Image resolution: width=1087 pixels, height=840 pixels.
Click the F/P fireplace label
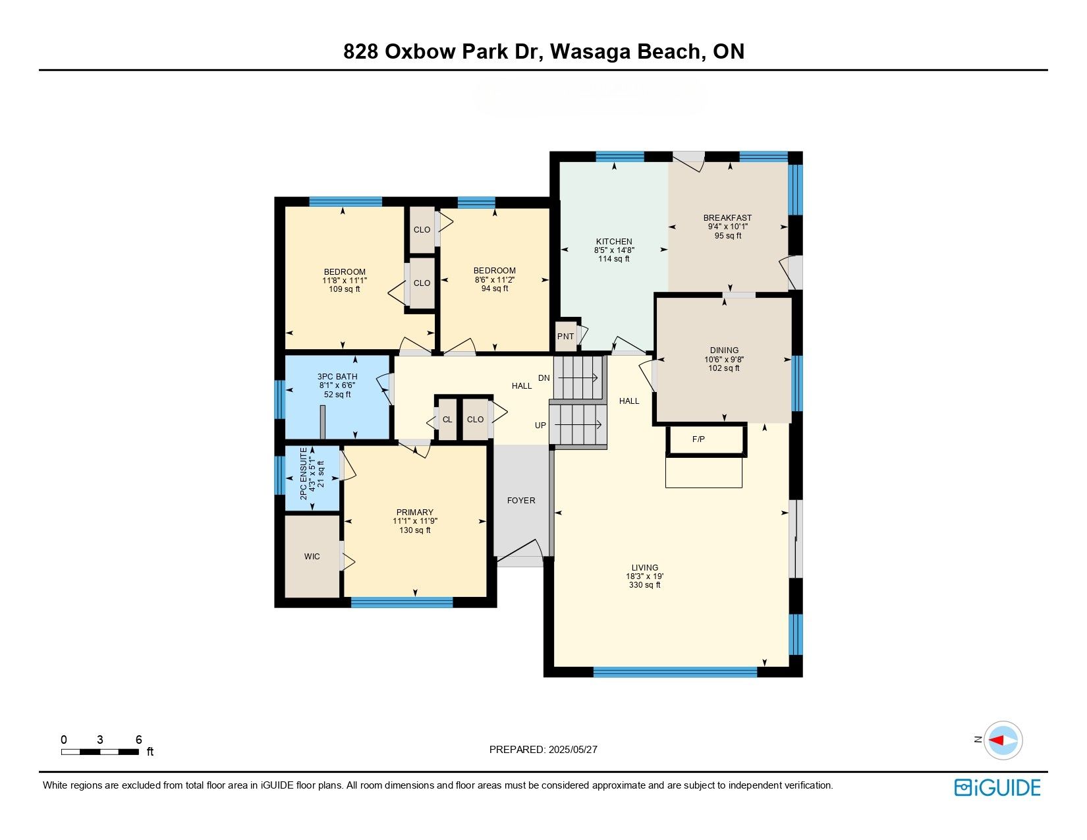tap(698, 439)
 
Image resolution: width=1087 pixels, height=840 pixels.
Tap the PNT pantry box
tap(566, 336)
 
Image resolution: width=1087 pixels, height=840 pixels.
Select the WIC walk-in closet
tap(312, 556)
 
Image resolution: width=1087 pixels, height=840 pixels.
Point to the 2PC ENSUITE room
tap(312, 477)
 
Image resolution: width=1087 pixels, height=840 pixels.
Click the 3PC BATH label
tap(337, 377)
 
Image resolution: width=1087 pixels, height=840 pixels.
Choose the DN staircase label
tap(543, 378)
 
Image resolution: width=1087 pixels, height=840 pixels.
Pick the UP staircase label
tap(540, 425)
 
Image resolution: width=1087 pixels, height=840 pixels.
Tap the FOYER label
tap(520, 500)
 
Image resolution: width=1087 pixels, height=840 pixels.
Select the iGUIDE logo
tap(997, 787)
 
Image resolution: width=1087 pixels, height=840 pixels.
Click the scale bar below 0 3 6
tap(100, 752)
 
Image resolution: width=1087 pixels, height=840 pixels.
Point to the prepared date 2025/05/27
tap(572, 750)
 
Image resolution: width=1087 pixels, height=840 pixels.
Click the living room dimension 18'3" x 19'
tap(644, 576)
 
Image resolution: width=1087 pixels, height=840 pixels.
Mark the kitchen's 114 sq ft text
tap(614, 259)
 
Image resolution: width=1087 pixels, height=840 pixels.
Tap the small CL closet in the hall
tap(447, 419)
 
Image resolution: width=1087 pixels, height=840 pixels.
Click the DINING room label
tap(724, 350)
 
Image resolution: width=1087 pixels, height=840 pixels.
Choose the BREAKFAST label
tap(727, 217)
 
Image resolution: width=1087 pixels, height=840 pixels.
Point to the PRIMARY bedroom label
tap(414, 513)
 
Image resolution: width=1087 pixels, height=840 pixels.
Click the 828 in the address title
tap(360, 51)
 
